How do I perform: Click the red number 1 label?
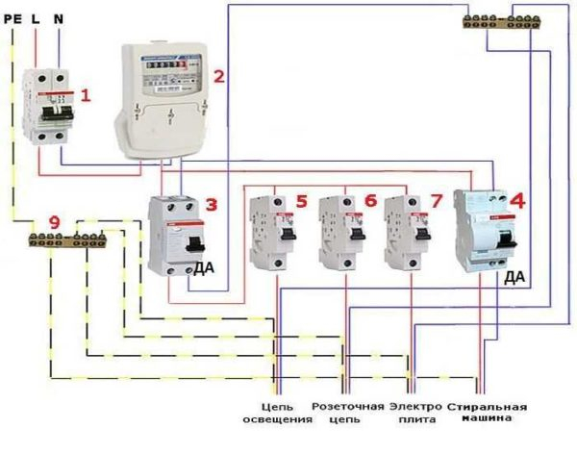pyautogui.click(x=87, y=95)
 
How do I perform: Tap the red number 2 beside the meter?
pyautogui.click(x=219, y=76)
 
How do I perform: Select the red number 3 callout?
pyautogui.click(x=212, y=205)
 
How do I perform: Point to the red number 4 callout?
pyautogui.click(x=517, y=202)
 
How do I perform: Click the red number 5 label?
pyautogui.click(x=301, y=201)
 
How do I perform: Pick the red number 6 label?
pyautogui.click(x=370, y=201)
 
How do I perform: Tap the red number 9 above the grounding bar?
pyautogui.click(x=54, y=222)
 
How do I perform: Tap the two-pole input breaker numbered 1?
pyautogui.click(x=49, y=106)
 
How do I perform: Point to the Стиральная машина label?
pyautogui.click(x=488, y=414)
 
